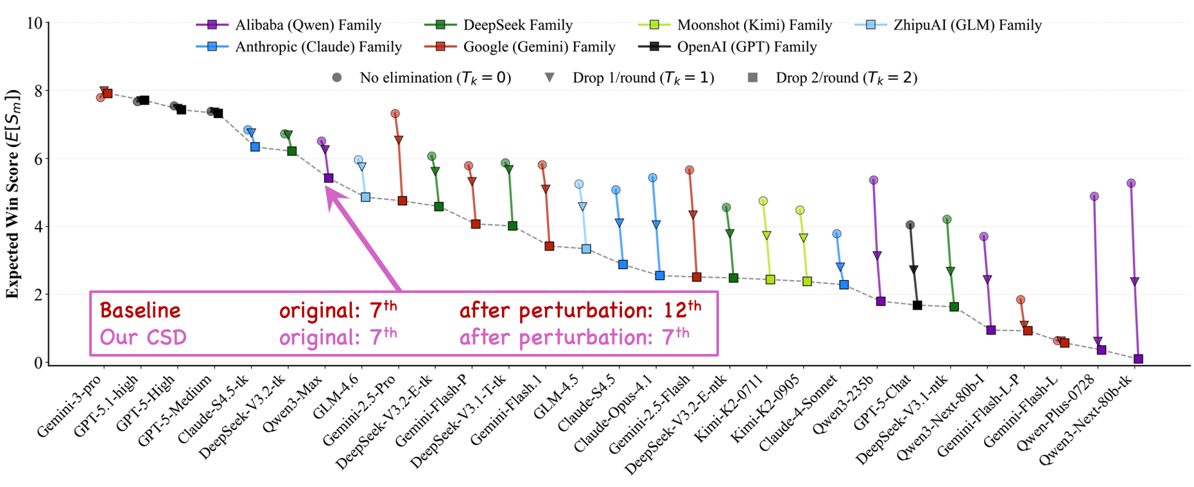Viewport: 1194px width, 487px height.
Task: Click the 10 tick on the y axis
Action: point(35,24)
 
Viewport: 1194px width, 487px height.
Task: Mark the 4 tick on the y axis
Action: point(39,227)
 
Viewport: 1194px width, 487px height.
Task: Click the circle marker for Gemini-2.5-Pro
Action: point(395,114)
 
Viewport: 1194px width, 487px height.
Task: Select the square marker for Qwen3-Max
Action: point(329,178)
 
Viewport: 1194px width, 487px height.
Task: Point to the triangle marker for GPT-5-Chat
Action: point(913,270)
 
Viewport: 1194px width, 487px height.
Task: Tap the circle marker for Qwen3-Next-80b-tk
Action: point(1131,183)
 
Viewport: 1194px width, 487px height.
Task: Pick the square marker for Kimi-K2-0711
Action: point(770,279)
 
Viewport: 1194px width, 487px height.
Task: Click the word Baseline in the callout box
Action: point(140,311)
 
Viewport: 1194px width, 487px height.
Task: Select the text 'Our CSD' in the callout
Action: point(143,337)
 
